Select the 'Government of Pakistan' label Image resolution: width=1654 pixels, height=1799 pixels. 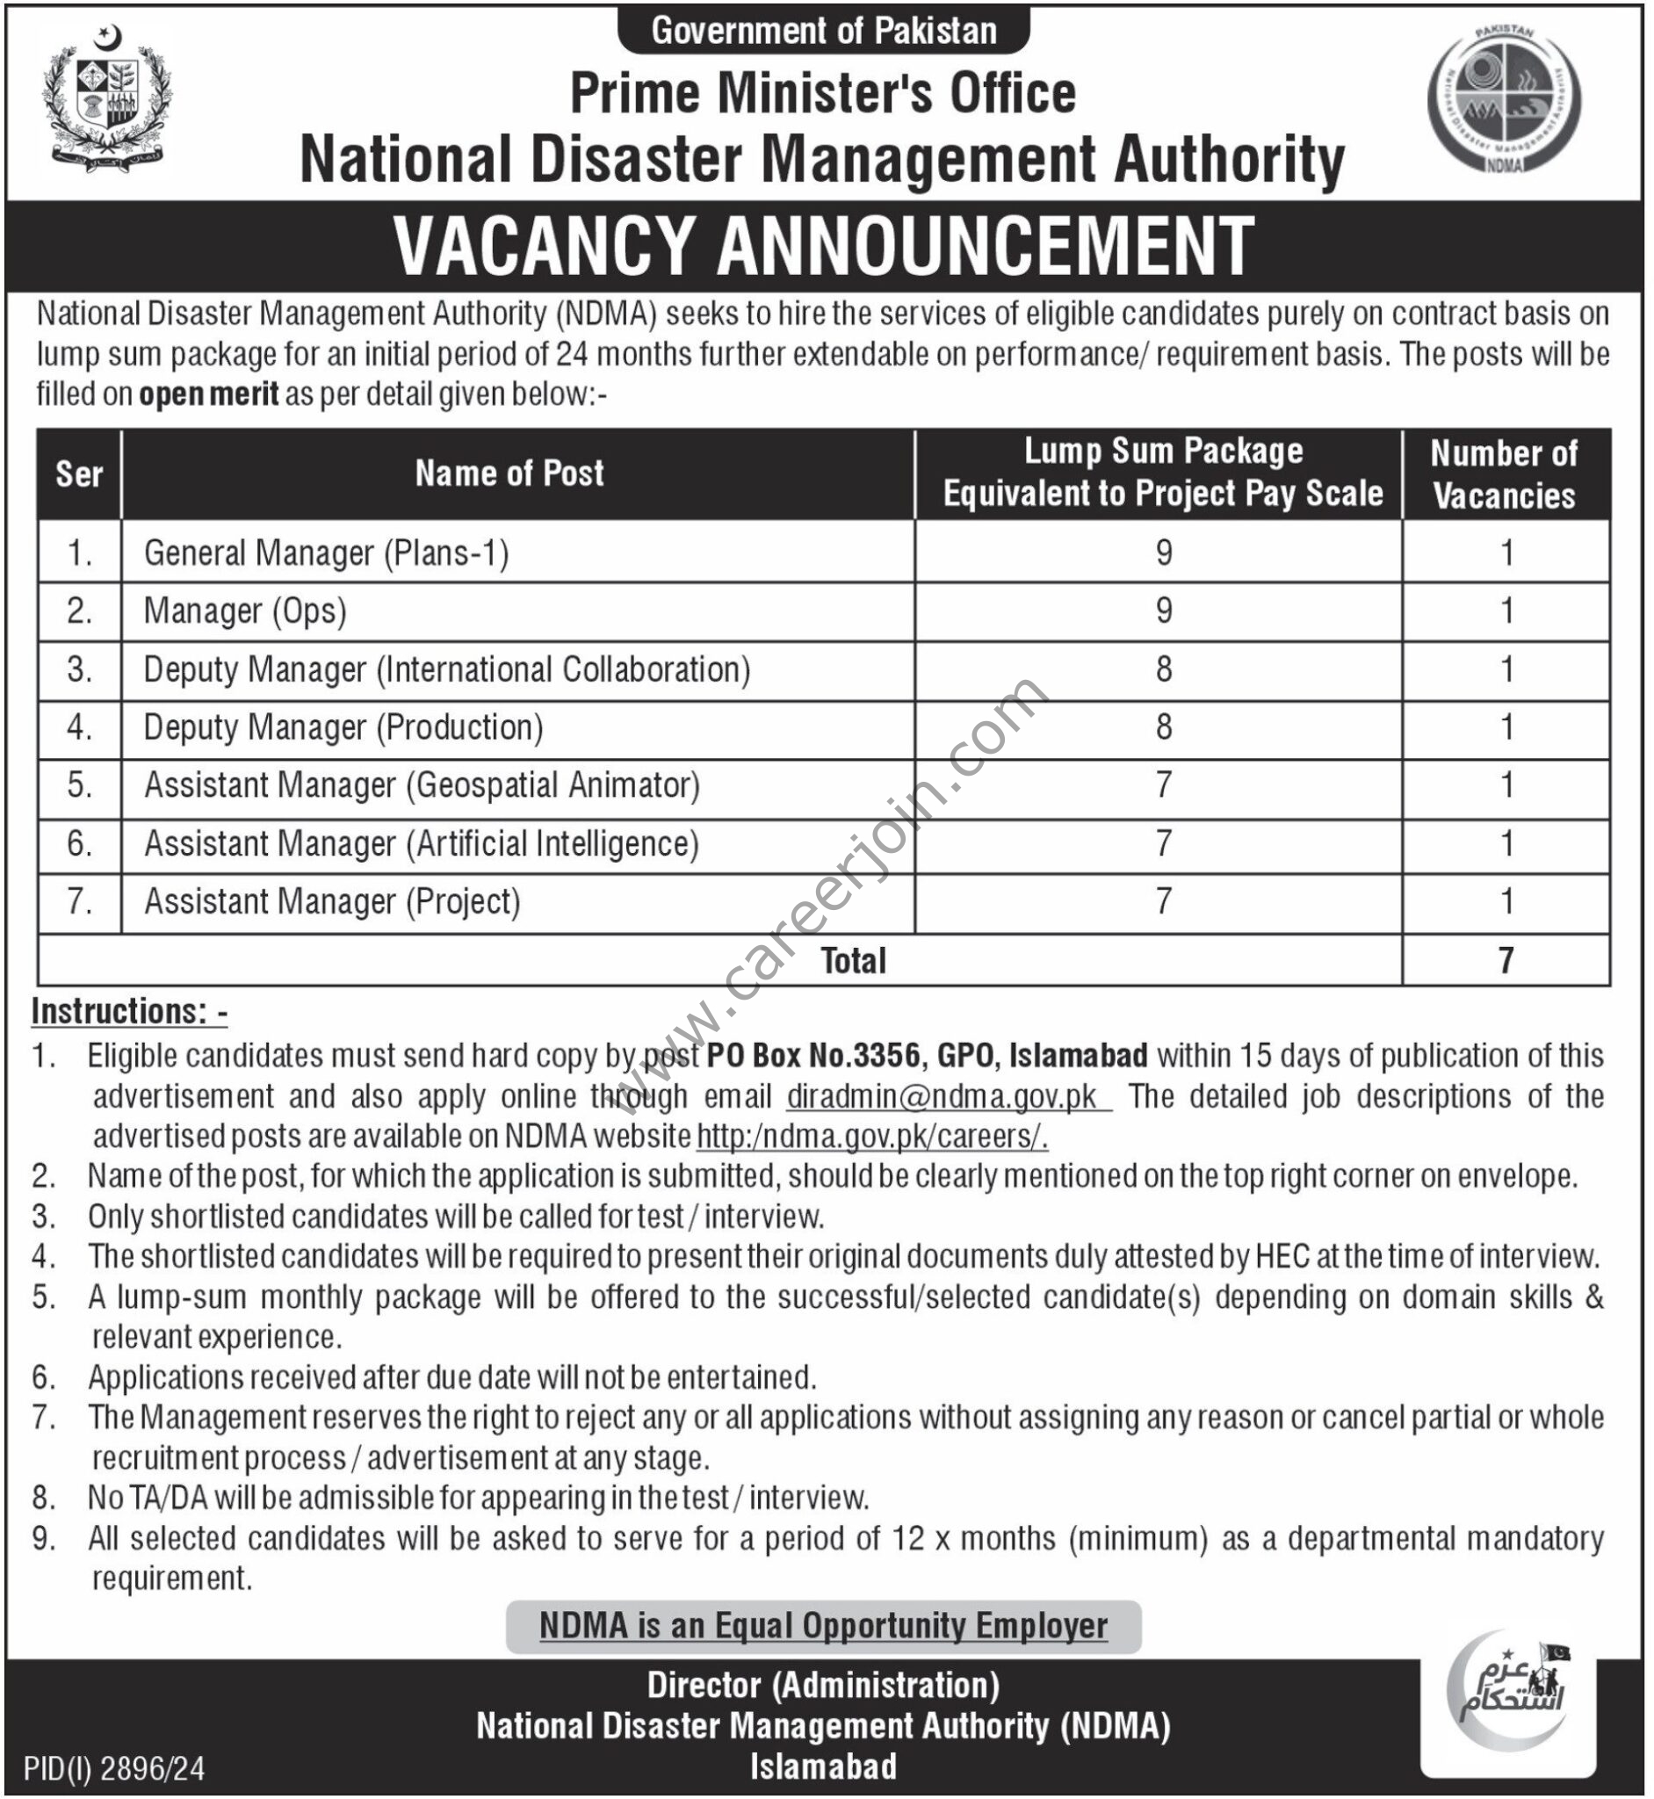click(x=823, y=32)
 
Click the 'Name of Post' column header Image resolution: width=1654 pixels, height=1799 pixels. click(x=509, y=473)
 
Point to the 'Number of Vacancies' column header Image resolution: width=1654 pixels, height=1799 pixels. click(x=1505, y=474)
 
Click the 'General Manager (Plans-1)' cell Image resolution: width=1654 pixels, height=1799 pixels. click(x=327, y=553)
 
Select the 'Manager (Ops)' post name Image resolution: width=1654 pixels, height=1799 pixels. click(x=245, y=611)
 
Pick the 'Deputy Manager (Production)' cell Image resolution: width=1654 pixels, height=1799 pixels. click(x=343, y=727)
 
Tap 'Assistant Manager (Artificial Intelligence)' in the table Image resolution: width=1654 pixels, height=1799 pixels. click(x=422, y=844)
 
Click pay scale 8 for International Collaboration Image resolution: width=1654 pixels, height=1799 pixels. click(x=1163, y=669)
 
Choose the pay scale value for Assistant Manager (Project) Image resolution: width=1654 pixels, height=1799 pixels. click(x=1163, y=901)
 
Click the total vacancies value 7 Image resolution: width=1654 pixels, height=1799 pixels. click(x=1506, y=960)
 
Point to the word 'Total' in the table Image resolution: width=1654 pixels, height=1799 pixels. click(x=853, y=960)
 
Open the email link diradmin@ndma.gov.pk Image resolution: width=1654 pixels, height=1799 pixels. click(x=947, y=1096)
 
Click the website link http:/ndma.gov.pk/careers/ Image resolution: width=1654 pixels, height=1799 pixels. click(x=871, y=1137)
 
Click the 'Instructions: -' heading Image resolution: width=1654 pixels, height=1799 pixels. click(x=130, y=1011)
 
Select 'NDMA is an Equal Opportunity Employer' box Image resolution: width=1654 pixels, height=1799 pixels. click(x=823, y=1625)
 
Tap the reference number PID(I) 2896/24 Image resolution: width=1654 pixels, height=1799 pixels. click(x=114, y=1767)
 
